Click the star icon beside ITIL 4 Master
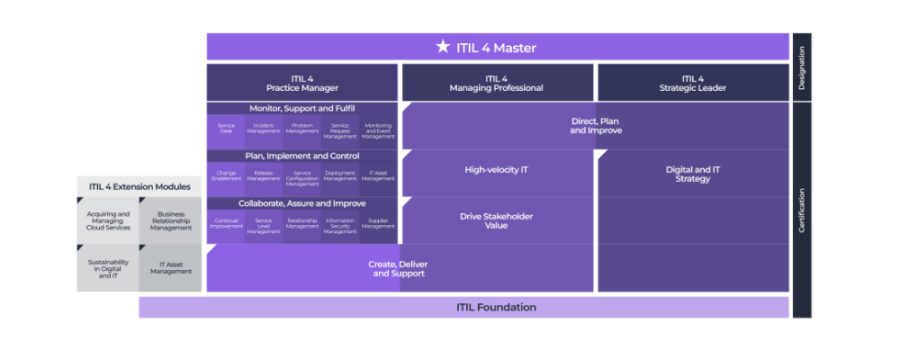[442, 47]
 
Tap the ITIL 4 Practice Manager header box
[301, 83]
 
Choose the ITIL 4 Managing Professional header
[497, 83]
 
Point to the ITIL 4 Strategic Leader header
[692, 83]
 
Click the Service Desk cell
[226, 130]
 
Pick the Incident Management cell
[264, 130]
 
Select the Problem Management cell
[302, 130]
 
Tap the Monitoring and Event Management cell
[378, 130]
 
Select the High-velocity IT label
[497, 169]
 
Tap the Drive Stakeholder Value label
[497, 220]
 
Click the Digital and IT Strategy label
[692, 174]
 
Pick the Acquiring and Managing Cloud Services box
[108, 220]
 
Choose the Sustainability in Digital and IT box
[108, 267]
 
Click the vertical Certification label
[801, 210]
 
